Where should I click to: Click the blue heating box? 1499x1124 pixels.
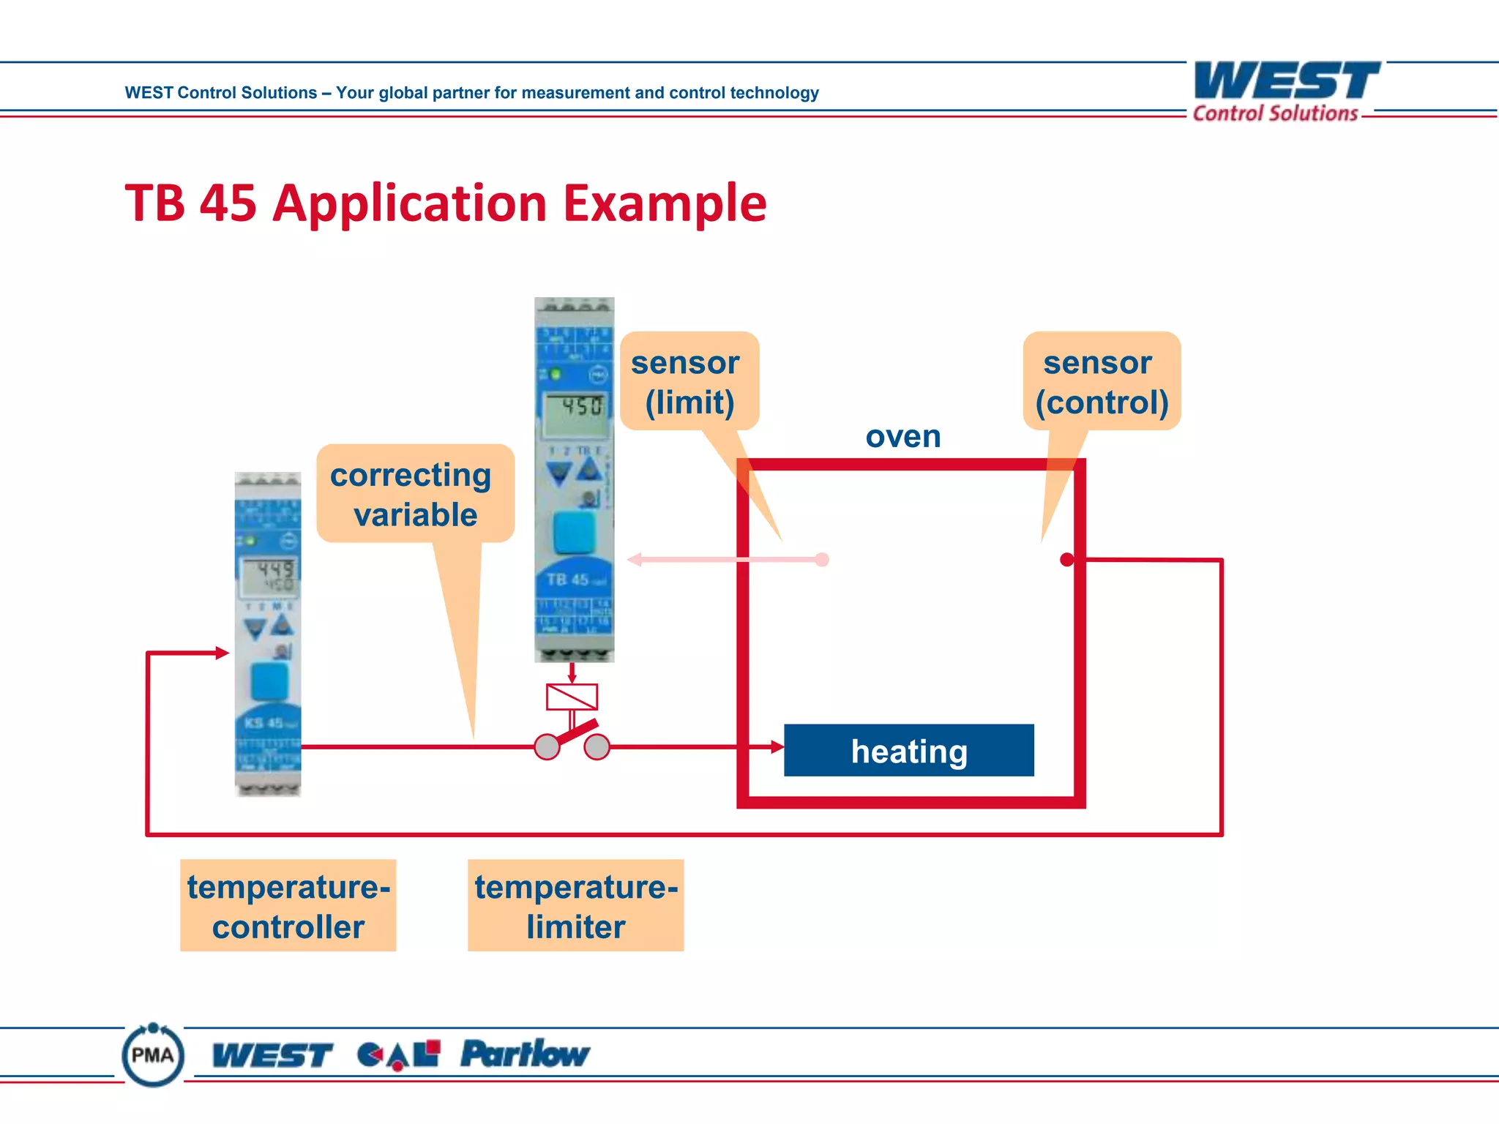[908, 750]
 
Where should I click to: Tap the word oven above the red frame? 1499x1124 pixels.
[903, 437]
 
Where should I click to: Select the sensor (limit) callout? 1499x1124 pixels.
[689, 381]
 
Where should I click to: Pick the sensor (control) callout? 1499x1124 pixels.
[1102, 381]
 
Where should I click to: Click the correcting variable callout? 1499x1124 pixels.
[414, 494]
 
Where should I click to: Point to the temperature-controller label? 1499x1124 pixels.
[288, 905]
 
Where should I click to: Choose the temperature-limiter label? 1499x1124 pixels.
[575, 905]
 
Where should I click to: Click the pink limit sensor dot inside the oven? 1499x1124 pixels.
[822, 560]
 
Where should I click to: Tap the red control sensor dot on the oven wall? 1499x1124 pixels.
[1067, 560]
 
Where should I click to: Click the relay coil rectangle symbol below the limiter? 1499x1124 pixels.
[572, 697]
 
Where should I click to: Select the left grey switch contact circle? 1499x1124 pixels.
[547, 747]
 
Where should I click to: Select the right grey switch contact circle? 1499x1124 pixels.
[597, 747]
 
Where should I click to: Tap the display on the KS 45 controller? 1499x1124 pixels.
[269, 576]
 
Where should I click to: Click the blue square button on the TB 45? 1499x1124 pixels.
[574, 532]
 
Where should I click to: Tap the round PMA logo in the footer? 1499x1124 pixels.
[153, 1054]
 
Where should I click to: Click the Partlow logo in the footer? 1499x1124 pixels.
[524, 1054]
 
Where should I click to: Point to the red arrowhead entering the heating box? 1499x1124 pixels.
[777, 747]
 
